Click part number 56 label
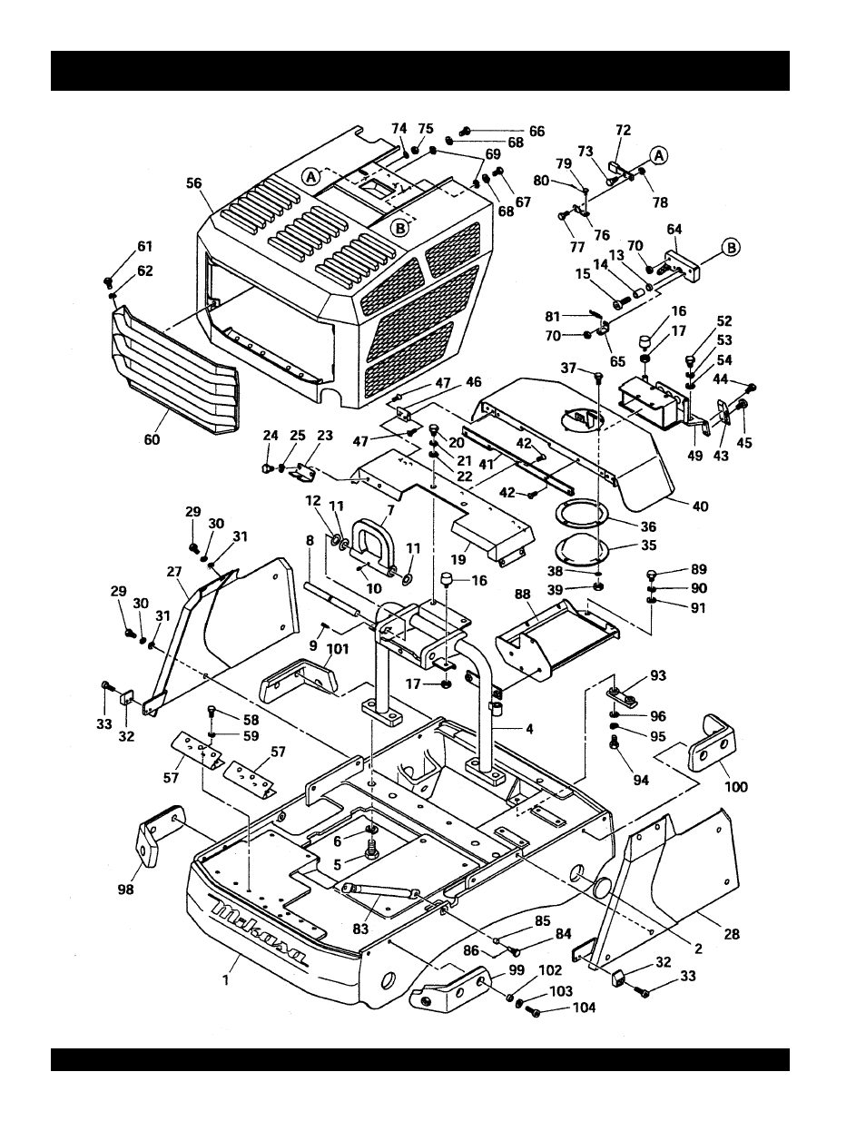[193, 182]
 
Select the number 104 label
[584, 1008]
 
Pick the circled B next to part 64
[731, 246]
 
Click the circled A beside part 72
[658, 155]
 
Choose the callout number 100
[736, 786]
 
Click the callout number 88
[522, 594]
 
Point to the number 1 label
[226, 979]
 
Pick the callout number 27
[175, 573]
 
